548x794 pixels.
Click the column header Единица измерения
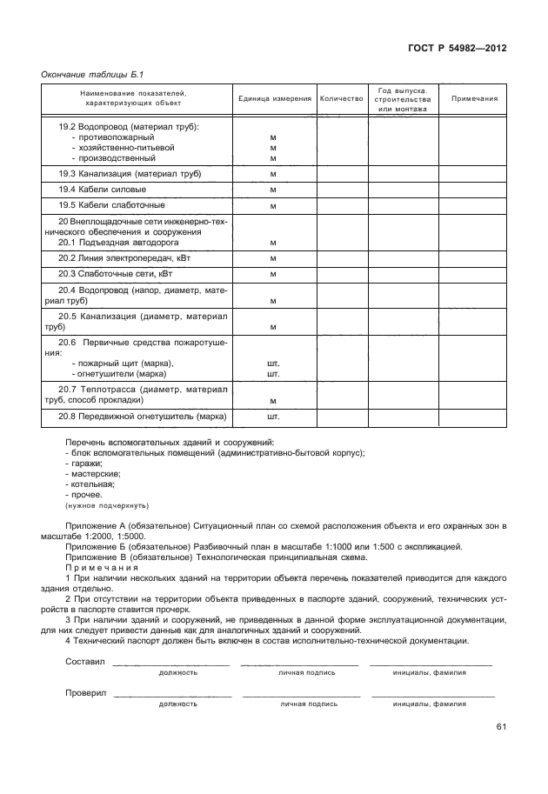click(274, 99)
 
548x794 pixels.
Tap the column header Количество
click(341, 99)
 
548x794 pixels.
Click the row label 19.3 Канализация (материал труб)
click(130, 174)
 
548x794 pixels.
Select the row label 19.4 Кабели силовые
click(102, 189)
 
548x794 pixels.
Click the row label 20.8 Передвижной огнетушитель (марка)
click(142, 417)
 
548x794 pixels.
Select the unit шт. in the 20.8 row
click(273, 417)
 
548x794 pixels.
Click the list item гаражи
click(84, 464)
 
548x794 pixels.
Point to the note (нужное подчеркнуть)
click(106, 505)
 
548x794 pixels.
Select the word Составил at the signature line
click(84, 662)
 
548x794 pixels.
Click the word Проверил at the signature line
click(85, 694)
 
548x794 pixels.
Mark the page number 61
click(501, 727)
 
